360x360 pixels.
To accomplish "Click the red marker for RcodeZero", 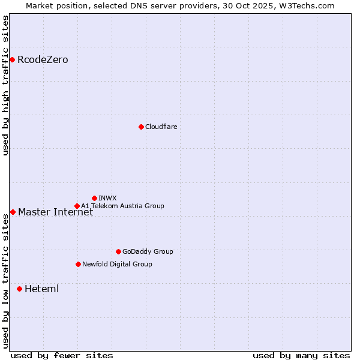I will point(12,59).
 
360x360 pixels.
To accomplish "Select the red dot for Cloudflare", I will point(141,127).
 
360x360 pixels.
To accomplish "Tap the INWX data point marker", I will point(94,198).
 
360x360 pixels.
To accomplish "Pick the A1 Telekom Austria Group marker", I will point(77,206).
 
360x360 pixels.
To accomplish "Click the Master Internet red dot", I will point(13,212).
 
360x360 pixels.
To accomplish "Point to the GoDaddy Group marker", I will point(118,251).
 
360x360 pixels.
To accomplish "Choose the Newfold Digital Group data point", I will point(78,264).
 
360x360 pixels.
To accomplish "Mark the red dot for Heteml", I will point(19,289).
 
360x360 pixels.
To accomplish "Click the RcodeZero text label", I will point(43,60).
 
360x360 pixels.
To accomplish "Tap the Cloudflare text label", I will point(161,127).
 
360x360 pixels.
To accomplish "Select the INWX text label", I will point(107,198).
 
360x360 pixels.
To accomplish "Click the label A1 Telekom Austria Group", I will point(122,206).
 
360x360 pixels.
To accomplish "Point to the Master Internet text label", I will point(55,212).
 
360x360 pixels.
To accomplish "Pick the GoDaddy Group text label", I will point(147,251).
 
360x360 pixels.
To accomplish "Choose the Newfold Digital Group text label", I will point(117,264).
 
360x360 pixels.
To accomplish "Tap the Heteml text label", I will point(41,289).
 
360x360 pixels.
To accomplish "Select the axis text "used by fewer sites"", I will point(62,355).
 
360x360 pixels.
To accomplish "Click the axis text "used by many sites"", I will point(301,355).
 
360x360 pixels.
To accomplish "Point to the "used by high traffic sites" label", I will point(5,85).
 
